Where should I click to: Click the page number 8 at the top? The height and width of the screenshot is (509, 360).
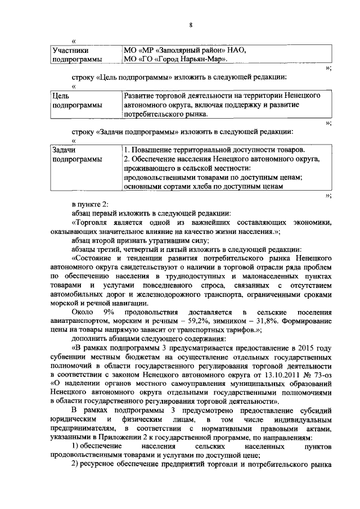click(x=191, y=25)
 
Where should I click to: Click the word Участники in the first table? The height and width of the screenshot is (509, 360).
click(x=68, y=49)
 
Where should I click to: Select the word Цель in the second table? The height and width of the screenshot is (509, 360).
click(x=60, y=96)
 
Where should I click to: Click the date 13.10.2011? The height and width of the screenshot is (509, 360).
click(x=262, y=376)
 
